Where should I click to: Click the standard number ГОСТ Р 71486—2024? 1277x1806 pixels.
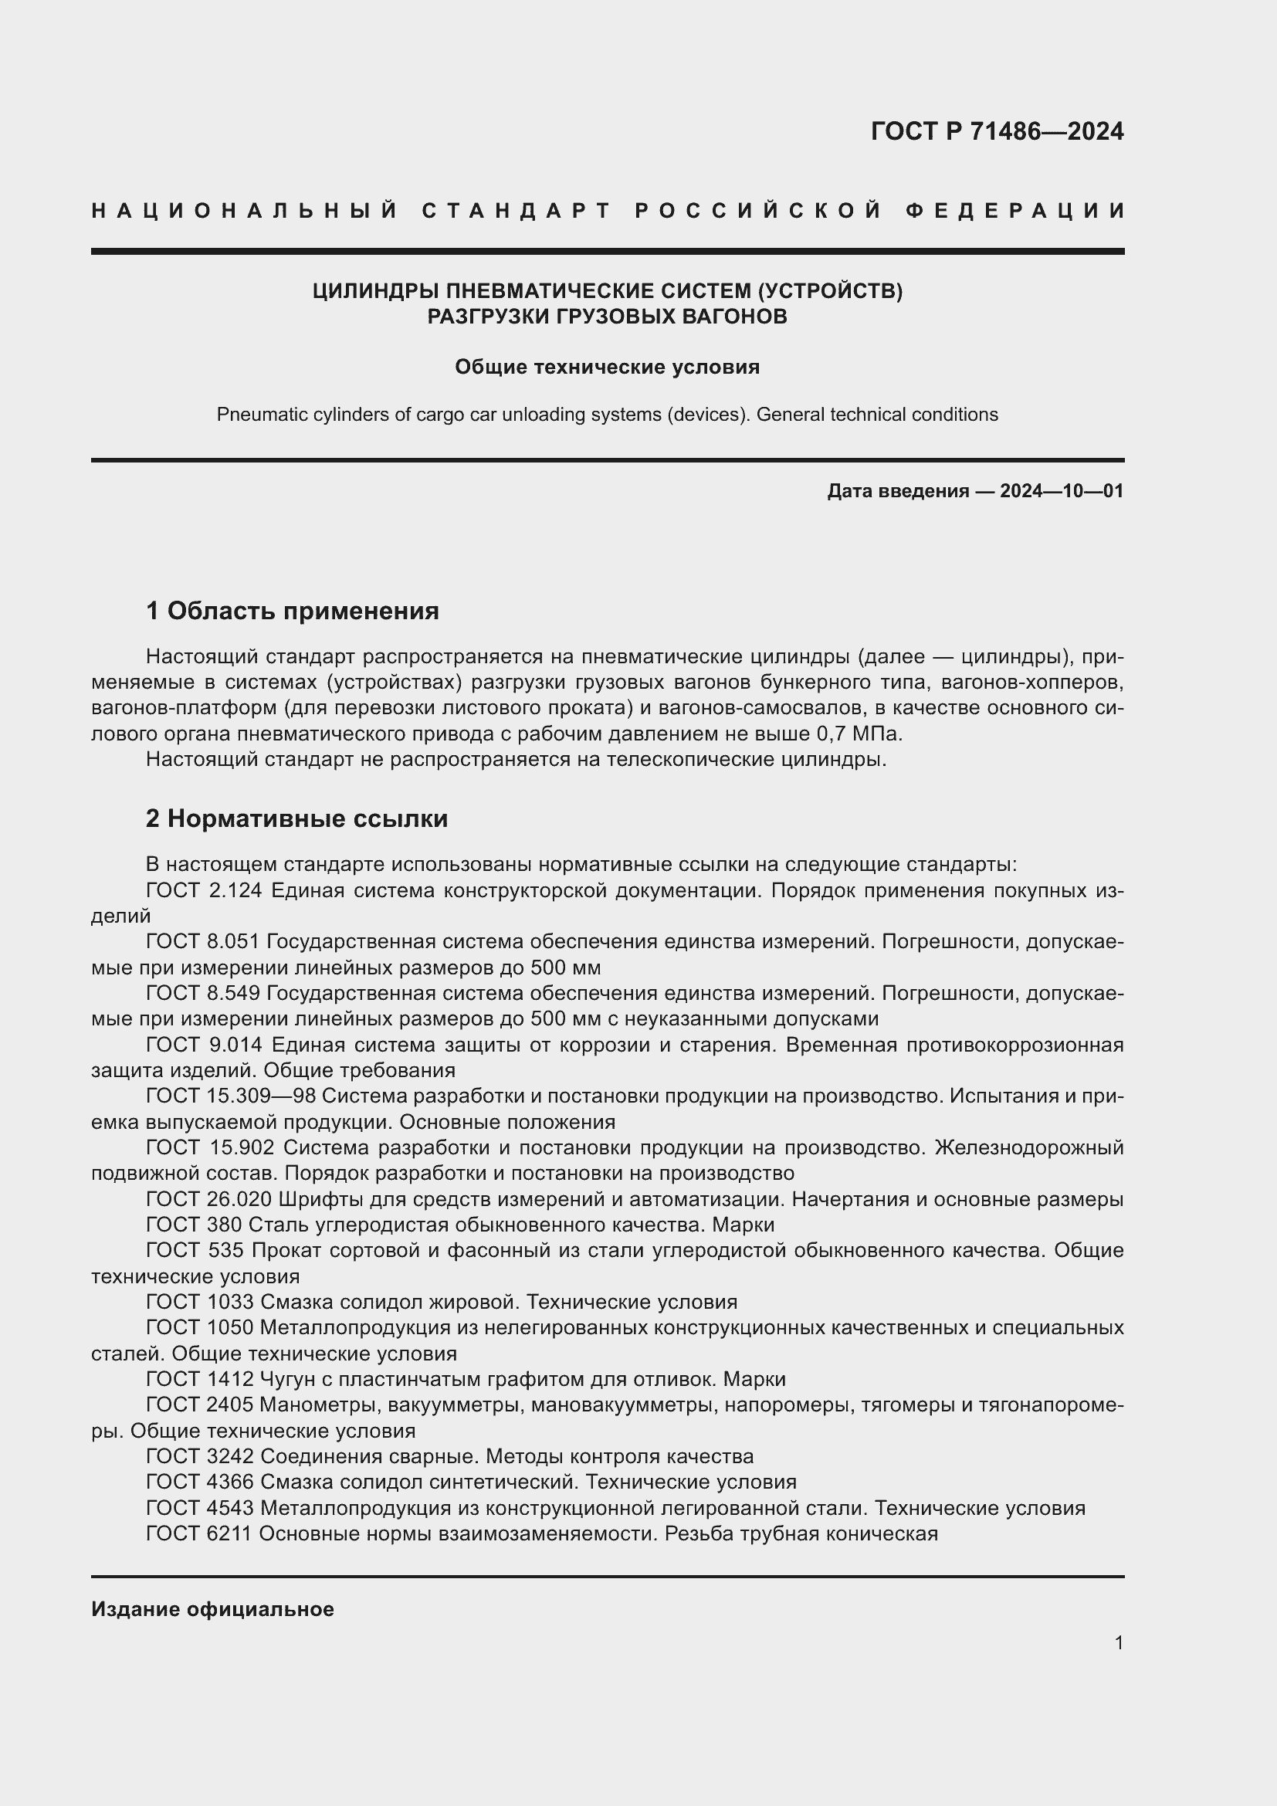[x=997, y=131]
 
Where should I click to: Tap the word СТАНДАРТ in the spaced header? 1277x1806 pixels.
[x=517, y=211]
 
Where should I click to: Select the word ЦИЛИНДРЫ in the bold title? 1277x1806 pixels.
[x=376, y=291]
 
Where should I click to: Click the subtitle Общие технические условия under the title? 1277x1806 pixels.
[x=607, y=368]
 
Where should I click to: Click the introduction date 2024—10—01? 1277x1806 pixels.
[x=1062, y=492]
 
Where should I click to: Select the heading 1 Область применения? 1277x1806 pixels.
[x=293, y=611]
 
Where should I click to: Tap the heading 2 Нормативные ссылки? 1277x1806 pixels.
[x=297, y=818]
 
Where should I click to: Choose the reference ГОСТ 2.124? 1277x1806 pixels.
[x=203, y=890]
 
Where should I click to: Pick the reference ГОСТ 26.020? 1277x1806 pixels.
[x=208, y=1200]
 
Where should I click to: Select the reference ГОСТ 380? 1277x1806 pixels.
[x=195, y=1225]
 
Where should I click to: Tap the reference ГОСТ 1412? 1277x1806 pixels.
[x=200, y=1379]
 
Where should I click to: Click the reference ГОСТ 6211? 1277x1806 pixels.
[x=200, y=1533]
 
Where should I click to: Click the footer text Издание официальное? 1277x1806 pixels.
[x=212, y=1609]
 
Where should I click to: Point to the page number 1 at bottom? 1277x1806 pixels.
[x=1119, y=1643]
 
